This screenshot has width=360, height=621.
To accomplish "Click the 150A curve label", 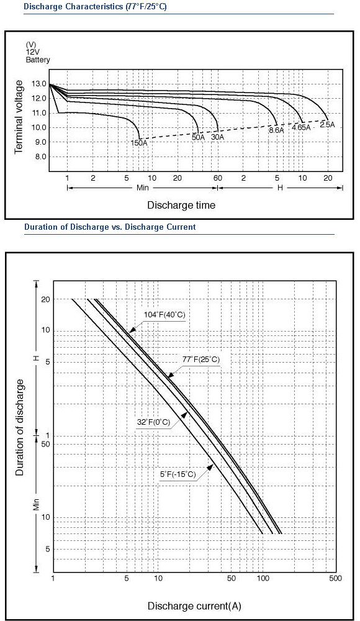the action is click(x=139, y=143).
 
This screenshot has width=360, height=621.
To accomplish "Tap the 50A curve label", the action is click(x=198, y=137).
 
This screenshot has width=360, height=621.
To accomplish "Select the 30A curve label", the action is click(x=217, y=137).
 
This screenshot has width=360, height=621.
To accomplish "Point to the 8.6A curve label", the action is click(x=276, y=130).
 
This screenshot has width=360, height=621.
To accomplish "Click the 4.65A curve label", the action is click(x=302, y=127).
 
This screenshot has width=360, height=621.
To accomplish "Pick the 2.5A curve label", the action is click(x=328, y=125).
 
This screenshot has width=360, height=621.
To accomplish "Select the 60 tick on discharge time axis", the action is click(x=217, y=178).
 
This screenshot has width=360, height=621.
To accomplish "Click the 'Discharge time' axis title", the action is click(x=181, y=205).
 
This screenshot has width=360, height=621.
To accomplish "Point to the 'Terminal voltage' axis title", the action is click(x=19, y=117).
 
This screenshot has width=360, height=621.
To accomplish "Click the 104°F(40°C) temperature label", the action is click(x=164, y=315).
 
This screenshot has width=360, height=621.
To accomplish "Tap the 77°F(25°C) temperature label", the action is click(x=200, y=360).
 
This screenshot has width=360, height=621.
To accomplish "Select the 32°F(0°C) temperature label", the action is click(x=154, y=422).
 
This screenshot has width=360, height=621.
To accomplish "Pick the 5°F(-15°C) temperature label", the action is click(x=178, y=474).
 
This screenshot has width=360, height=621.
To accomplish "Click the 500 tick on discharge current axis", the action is click(x=335, y=579).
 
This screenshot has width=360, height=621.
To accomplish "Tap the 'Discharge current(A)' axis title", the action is click(x=194, y=606).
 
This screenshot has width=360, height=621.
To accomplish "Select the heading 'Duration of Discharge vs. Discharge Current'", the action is click(x=110, y=227).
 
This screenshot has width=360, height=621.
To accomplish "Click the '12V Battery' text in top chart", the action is click(x=38, y=57).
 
